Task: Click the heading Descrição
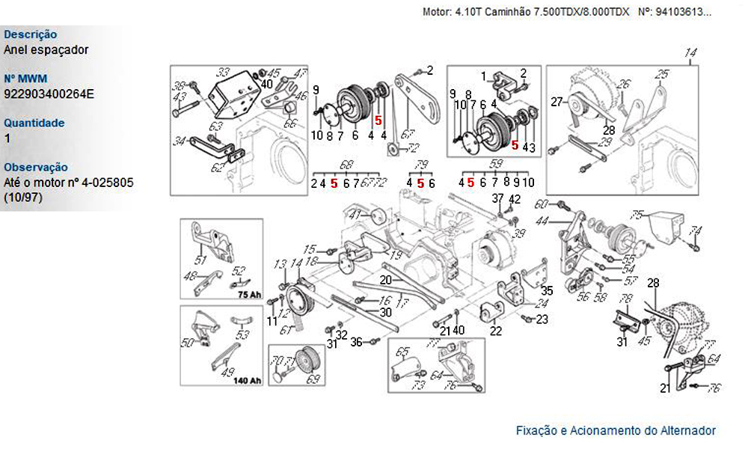(x=31, y=34)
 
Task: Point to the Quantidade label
(x=34, y=123)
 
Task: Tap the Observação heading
(x=36, y=167)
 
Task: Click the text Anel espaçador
(x=46, y=49)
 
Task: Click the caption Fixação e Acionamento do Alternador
(x=616, y=430)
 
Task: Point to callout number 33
(x=223, y=73)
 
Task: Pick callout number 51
(x=200, y=260)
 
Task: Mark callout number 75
(x=637, y=215)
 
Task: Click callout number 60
(x=542, y=204)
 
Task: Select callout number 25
(x=662, y=73)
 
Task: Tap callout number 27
(x=556, y=101)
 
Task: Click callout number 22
(x=495, y=331)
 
